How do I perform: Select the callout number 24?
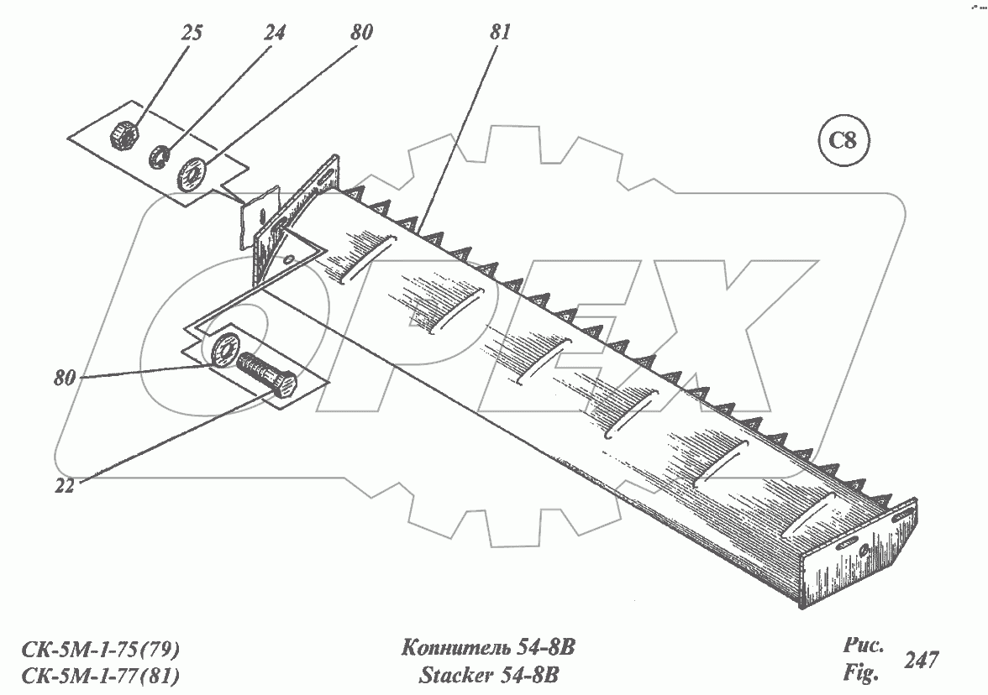pos(274,34)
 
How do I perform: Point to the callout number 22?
pos(64,485)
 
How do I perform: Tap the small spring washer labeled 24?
pos(160,156)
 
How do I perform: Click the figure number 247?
pos(921,660)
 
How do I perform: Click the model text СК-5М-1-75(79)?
pos(96,650)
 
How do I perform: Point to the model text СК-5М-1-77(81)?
pos(96,675)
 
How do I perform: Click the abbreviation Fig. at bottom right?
pos(859,672)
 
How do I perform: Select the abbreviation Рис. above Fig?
pos(861,647)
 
